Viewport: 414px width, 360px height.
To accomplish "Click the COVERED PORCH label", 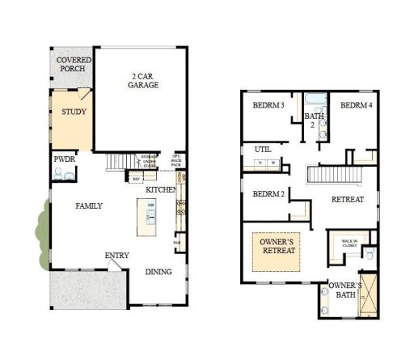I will [74, 66].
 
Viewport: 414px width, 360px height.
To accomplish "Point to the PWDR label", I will [65, 160].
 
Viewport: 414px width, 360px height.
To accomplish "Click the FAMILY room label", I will [88, 206].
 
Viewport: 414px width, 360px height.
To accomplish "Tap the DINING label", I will [158, 272].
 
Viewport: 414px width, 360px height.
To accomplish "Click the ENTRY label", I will [116, 256].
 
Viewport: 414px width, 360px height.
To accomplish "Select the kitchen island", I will [150, 217].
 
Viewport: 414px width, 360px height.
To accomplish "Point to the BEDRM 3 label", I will [268, 106].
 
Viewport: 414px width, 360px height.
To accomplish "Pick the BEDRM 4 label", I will [356, 106].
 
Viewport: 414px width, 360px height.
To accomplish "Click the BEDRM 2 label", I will [268, 194].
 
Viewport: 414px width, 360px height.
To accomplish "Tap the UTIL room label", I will [263, 150].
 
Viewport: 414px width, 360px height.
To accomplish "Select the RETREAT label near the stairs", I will [348, 199].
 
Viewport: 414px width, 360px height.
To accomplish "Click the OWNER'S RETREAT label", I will [277, 246].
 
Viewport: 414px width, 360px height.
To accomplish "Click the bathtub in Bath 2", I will [315, 102].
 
